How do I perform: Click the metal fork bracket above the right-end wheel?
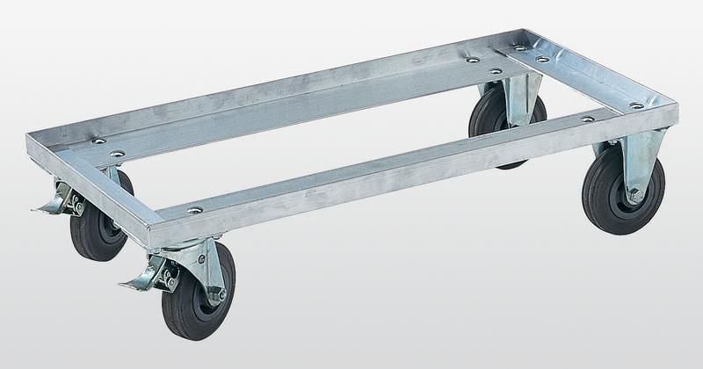coord(641,163)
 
